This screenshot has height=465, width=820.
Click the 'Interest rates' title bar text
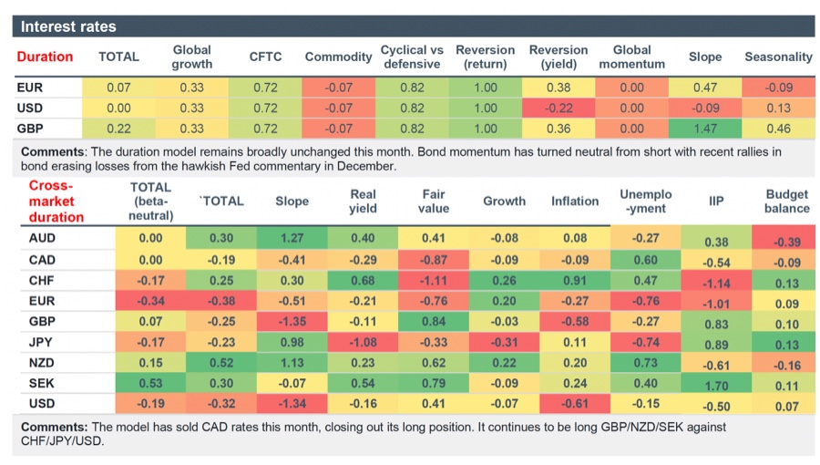68,26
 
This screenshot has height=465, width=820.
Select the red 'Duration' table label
45,57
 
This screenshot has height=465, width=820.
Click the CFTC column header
265,57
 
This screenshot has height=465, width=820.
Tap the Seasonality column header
777,57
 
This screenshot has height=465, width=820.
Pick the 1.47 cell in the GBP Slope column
703,129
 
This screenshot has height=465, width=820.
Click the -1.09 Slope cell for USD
703,108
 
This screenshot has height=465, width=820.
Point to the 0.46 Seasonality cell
777,129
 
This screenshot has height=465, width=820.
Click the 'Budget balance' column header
786,201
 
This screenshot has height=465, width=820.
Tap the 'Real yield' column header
363,201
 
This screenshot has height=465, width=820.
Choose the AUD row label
33,238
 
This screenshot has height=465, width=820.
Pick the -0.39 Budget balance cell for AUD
786,241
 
